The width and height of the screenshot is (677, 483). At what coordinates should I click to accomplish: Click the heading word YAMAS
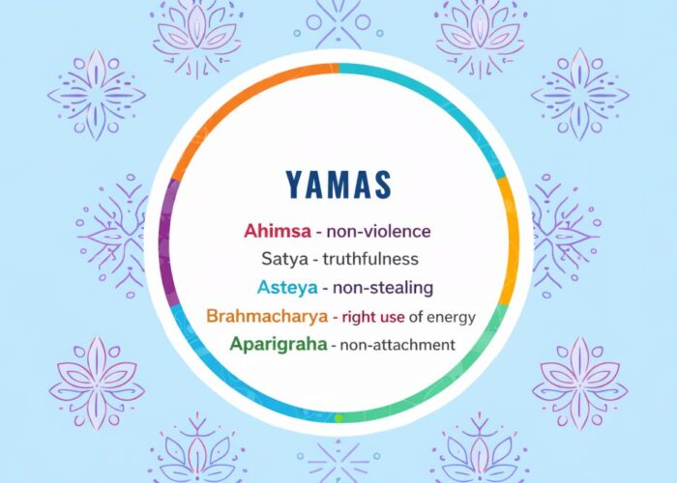click(x=338, y=185)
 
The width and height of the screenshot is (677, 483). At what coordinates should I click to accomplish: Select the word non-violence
click(x=378, y=232)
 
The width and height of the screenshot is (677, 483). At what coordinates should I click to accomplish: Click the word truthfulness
click(x=371, y=259)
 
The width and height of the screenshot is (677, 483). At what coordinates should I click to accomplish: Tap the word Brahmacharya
click(x=265, y=316)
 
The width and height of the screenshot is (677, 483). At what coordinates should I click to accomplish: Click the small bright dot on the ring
click(x=338, y=418)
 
